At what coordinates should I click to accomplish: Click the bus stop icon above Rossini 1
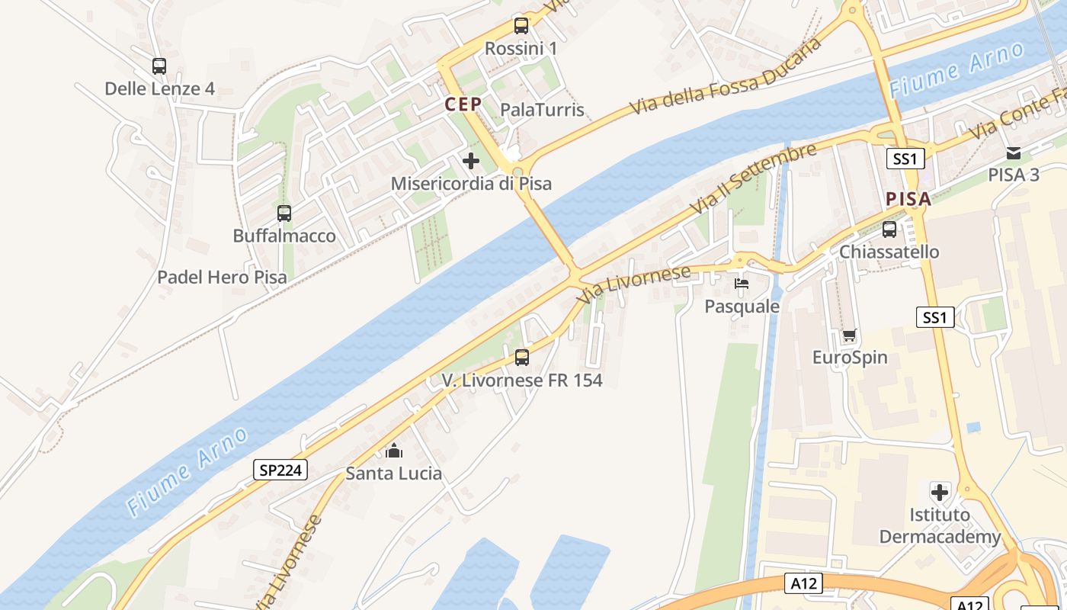click(x=521, y=26)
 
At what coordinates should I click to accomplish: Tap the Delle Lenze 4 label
click(x=159, y=88)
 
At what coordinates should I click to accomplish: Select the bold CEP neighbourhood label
click(x=463, y=104)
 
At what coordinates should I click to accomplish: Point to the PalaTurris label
click(x=542, y=110)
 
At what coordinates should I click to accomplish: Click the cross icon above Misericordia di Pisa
click(x=471, y=161)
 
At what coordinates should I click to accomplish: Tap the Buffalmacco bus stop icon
click(x=284, y=213)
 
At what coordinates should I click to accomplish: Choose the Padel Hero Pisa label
click(x=222, y=277)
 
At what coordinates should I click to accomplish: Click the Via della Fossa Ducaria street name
click(x=726, y=76)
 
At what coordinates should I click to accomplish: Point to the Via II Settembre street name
click(x=752, y=178)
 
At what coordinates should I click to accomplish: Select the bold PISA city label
click(x=908, y=200)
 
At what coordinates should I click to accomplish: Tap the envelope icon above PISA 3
click(x=1014, y=153)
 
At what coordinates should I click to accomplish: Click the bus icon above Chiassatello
click(x=889, y=230)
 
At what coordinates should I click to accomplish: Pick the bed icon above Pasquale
click(x=742, y=284)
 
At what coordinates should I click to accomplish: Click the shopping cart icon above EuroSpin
click(x=850, y=335)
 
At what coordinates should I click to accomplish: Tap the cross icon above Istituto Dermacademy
click(x=940, y=492)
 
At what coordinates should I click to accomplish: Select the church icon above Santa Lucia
click(x=394, y=451)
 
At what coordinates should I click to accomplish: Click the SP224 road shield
click(x=280, y=470)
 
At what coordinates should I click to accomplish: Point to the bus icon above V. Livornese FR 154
click(x=522, y=357)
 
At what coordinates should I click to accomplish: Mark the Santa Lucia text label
click(x=394, y=474)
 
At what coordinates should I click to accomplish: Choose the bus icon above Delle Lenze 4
click(x=159, y=66)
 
